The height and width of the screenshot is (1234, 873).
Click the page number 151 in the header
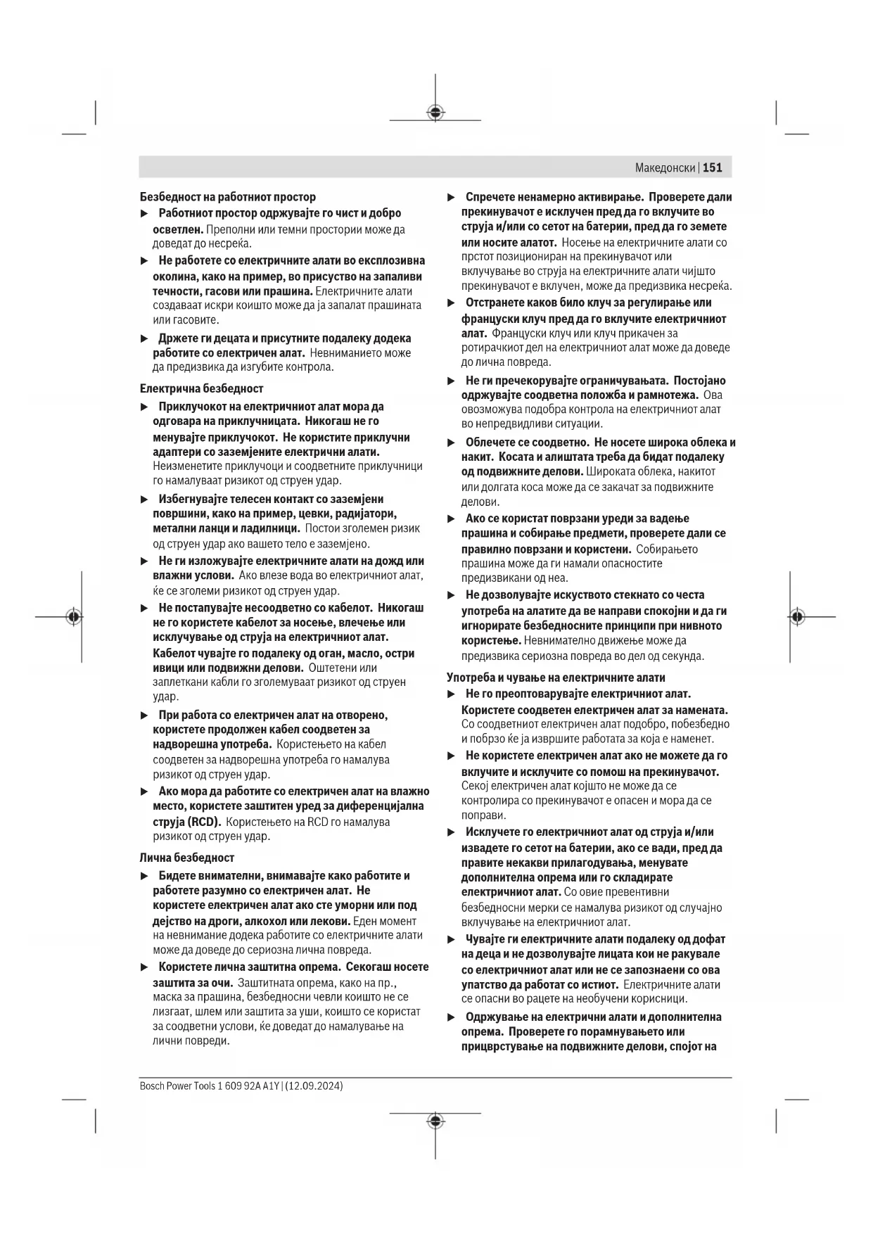click(x=713, y=167)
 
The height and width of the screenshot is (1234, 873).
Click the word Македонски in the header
click(x=665, y=167)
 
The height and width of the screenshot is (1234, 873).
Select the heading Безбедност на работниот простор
click(x=228, y=197)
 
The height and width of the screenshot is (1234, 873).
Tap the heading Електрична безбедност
click(x=202, y=388)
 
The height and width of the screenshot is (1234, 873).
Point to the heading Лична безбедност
click(x=187, y=858)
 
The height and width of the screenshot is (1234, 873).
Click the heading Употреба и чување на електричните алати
click(x=556, y=678)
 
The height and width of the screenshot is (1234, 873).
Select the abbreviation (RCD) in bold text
click(x=204, y=822)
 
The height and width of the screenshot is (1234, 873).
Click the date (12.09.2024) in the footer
click(x=314, y=1086)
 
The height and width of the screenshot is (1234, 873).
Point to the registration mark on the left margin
click(x=74, y=617)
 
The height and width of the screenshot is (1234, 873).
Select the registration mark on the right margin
click(x=796, y=617)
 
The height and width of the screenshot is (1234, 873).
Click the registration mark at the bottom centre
click(x=435, y=1121)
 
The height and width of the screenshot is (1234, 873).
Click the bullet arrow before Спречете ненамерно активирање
click(x=452, y=198)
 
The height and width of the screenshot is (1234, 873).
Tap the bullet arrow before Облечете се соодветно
click(x=452, y=443)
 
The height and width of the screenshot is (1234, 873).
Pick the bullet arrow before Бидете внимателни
click(x=145, y=877)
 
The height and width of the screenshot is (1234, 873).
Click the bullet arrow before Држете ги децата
click(x=145, y=339)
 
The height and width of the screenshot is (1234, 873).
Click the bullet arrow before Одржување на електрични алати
click(x=452, y=1017)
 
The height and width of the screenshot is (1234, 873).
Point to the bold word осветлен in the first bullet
click(x=178, y=229)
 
